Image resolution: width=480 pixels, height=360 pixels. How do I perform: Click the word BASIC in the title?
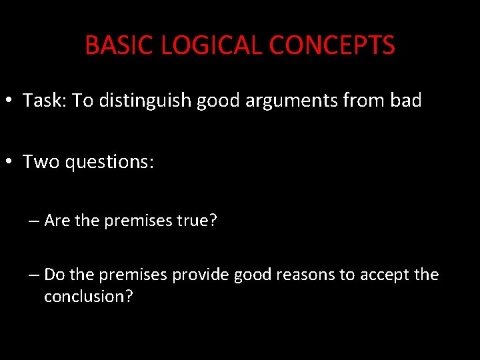click(111, 45)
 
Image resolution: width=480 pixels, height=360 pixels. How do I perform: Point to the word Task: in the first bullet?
click(45, 101)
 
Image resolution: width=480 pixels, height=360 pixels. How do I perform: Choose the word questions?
click(110, 162)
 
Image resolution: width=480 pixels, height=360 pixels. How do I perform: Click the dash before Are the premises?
click(34, 221)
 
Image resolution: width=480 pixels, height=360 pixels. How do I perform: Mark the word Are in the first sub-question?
click(57, 221)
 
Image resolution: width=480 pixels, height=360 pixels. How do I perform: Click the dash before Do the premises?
click(34, 275)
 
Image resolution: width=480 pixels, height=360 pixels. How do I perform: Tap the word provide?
click(199, 275)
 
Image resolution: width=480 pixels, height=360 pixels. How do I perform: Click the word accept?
click(386, 275)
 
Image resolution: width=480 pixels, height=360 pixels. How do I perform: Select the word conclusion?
click(89, 297)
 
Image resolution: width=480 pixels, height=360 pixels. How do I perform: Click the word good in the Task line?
click(218, 101)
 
